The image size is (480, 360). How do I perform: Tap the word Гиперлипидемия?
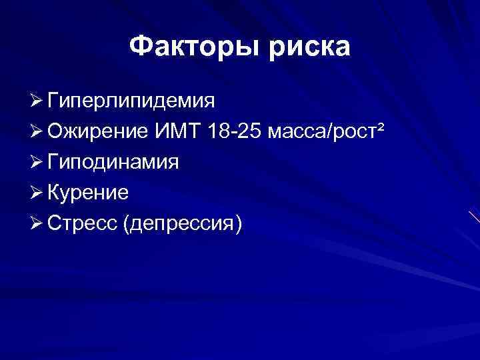131,102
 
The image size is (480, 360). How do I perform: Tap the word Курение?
89,193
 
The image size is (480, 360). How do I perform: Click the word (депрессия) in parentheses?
182,223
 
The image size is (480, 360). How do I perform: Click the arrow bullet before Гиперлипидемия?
37,101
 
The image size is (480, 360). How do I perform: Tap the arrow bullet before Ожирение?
37,131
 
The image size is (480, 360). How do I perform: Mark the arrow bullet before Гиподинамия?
37,162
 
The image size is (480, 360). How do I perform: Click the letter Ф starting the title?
141,47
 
